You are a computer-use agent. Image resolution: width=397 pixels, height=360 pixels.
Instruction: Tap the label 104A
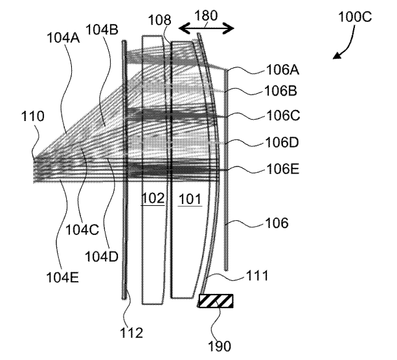(x=64, y=39)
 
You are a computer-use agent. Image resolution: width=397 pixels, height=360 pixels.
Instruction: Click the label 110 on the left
(x=32, y=117)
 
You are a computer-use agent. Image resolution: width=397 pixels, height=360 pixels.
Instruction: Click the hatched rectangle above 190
(x=216, y=302)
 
